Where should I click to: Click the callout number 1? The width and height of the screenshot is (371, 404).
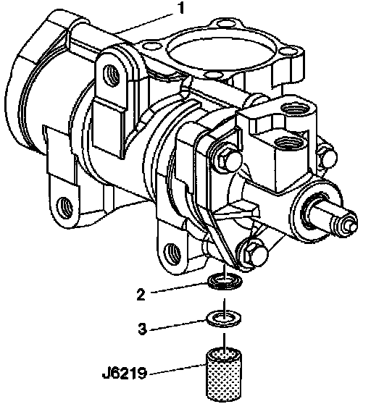click(x=181, y=9)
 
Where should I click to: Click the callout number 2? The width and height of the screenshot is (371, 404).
click(x=141, y=294)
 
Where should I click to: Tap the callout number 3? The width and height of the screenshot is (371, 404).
click(x=142, y=329)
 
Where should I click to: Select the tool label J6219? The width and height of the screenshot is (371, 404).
click(x=124, y=373)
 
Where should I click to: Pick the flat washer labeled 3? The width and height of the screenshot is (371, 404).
click(x=224, y=319)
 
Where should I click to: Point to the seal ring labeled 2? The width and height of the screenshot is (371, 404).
click(x=225, y=282)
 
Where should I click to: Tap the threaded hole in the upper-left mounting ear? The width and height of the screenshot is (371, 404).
click(x=111, y=76)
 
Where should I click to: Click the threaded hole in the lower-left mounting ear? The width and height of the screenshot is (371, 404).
click(x=64, y=207)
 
